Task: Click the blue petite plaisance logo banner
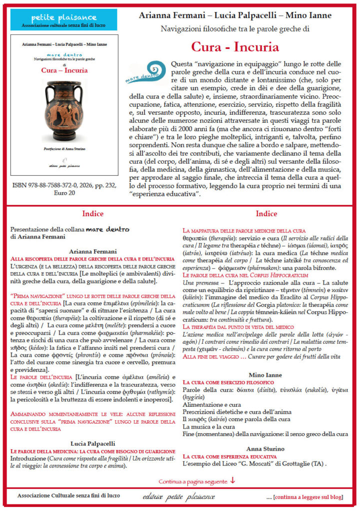pyautogui.click(x=50, y=19)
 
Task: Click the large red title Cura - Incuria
pyautogui.click(x=235, y=47)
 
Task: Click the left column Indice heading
pyautogui.click(x=93, y=214)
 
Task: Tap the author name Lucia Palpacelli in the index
pyautogui.click(x=93, y=443)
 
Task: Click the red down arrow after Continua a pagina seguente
pyautogui.click(x=233, y=481)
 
